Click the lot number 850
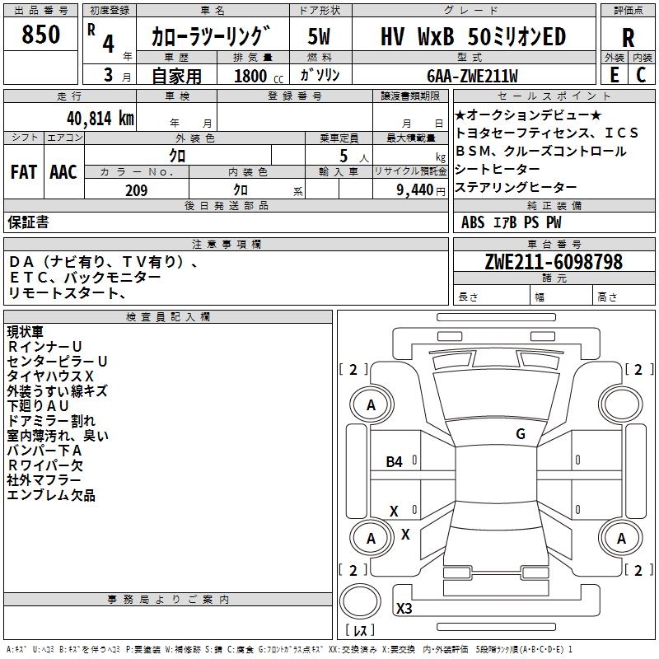pos(41,35)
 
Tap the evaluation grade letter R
pos(628,38)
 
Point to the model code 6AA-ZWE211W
pos(472,76)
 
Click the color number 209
pos(136,190)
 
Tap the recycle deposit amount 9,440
pos(414,190)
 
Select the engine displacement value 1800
pos(251,76)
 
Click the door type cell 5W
pos(320,37)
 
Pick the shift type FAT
pos(23,172)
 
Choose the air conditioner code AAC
pos(63,172)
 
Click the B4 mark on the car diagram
pos(395,462)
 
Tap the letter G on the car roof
pos(521,434)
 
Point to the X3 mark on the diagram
pos(404,609)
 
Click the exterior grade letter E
pos(614,75)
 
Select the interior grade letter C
pos(642,75)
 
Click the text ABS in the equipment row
pos(473,222)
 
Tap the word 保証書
pos(28,222)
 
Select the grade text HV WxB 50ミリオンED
pos(473,37)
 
